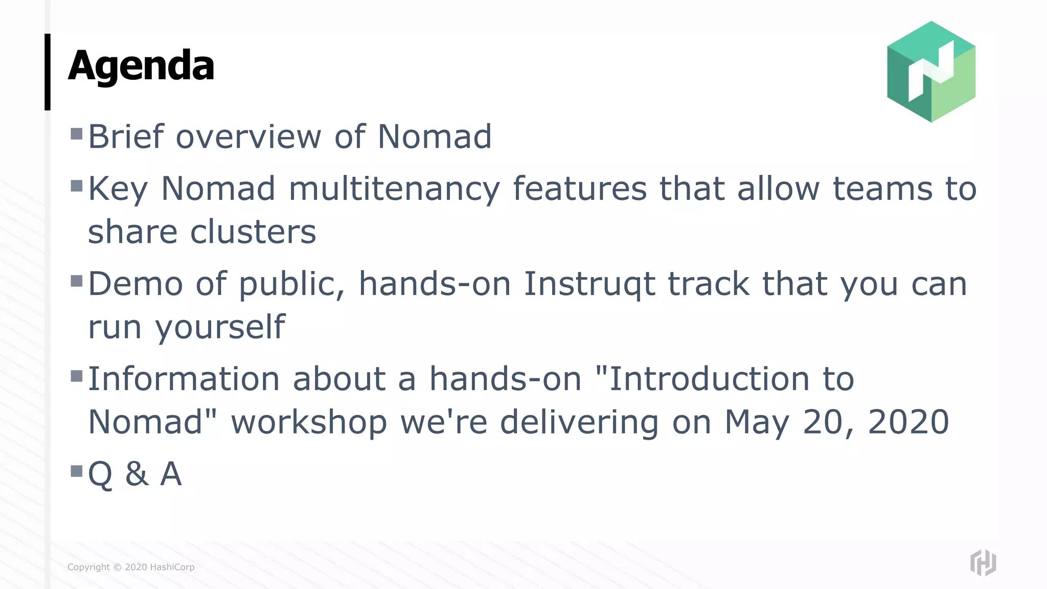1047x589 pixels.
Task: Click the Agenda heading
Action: point(141,66)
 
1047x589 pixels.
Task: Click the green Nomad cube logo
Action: point(931,72)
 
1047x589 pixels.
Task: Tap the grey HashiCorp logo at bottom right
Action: point(983,562)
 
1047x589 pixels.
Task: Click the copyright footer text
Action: point(131,567)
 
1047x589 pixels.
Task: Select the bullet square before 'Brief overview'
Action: point(77,134)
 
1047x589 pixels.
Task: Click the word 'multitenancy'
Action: point(394,189)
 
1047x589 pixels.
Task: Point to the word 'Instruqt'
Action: point(589,284)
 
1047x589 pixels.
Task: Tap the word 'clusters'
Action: point(253,232)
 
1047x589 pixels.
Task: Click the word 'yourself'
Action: point(220,327)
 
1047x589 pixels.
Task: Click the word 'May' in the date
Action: point(757,423)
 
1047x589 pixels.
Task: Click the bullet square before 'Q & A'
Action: point(77,470)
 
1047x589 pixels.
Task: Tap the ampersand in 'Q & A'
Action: point(136,474)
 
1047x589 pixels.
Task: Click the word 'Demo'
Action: point(135,284)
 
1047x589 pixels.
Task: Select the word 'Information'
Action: point(184,379)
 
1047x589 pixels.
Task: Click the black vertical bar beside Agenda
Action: point(48,72)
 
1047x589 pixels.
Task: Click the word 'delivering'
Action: point(579,423)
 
